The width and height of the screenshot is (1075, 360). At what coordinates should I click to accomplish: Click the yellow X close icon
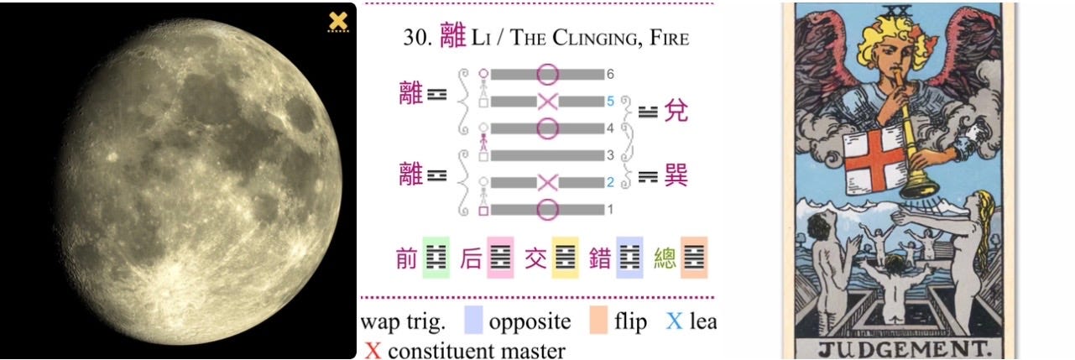[338, 21]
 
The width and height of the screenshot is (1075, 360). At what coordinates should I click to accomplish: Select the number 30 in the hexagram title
[418, 38]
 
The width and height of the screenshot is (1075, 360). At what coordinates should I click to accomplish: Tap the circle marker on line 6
[547, 75]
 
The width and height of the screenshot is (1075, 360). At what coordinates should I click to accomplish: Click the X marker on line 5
[547, 102]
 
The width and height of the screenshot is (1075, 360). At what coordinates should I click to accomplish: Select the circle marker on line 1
[547, 209]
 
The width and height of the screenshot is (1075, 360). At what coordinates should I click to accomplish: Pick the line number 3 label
[611, 155]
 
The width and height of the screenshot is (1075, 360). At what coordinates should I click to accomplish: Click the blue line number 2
[611, 182]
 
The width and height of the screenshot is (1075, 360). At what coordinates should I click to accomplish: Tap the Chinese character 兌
[676, 110]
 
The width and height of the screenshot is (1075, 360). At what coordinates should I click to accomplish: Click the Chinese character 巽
[676, 176]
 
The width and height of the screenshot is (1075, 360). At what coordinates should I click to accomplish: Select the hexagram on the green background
[436, 257]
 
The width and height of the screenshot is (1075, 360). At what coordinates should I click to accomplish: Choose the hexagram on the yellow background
[565, 257]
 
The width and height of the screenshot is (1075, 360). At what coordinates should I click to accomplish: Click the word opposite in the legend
[530, 321]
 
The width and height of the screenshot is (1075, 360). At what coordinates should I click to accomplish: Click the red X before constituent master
[373, 350]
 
